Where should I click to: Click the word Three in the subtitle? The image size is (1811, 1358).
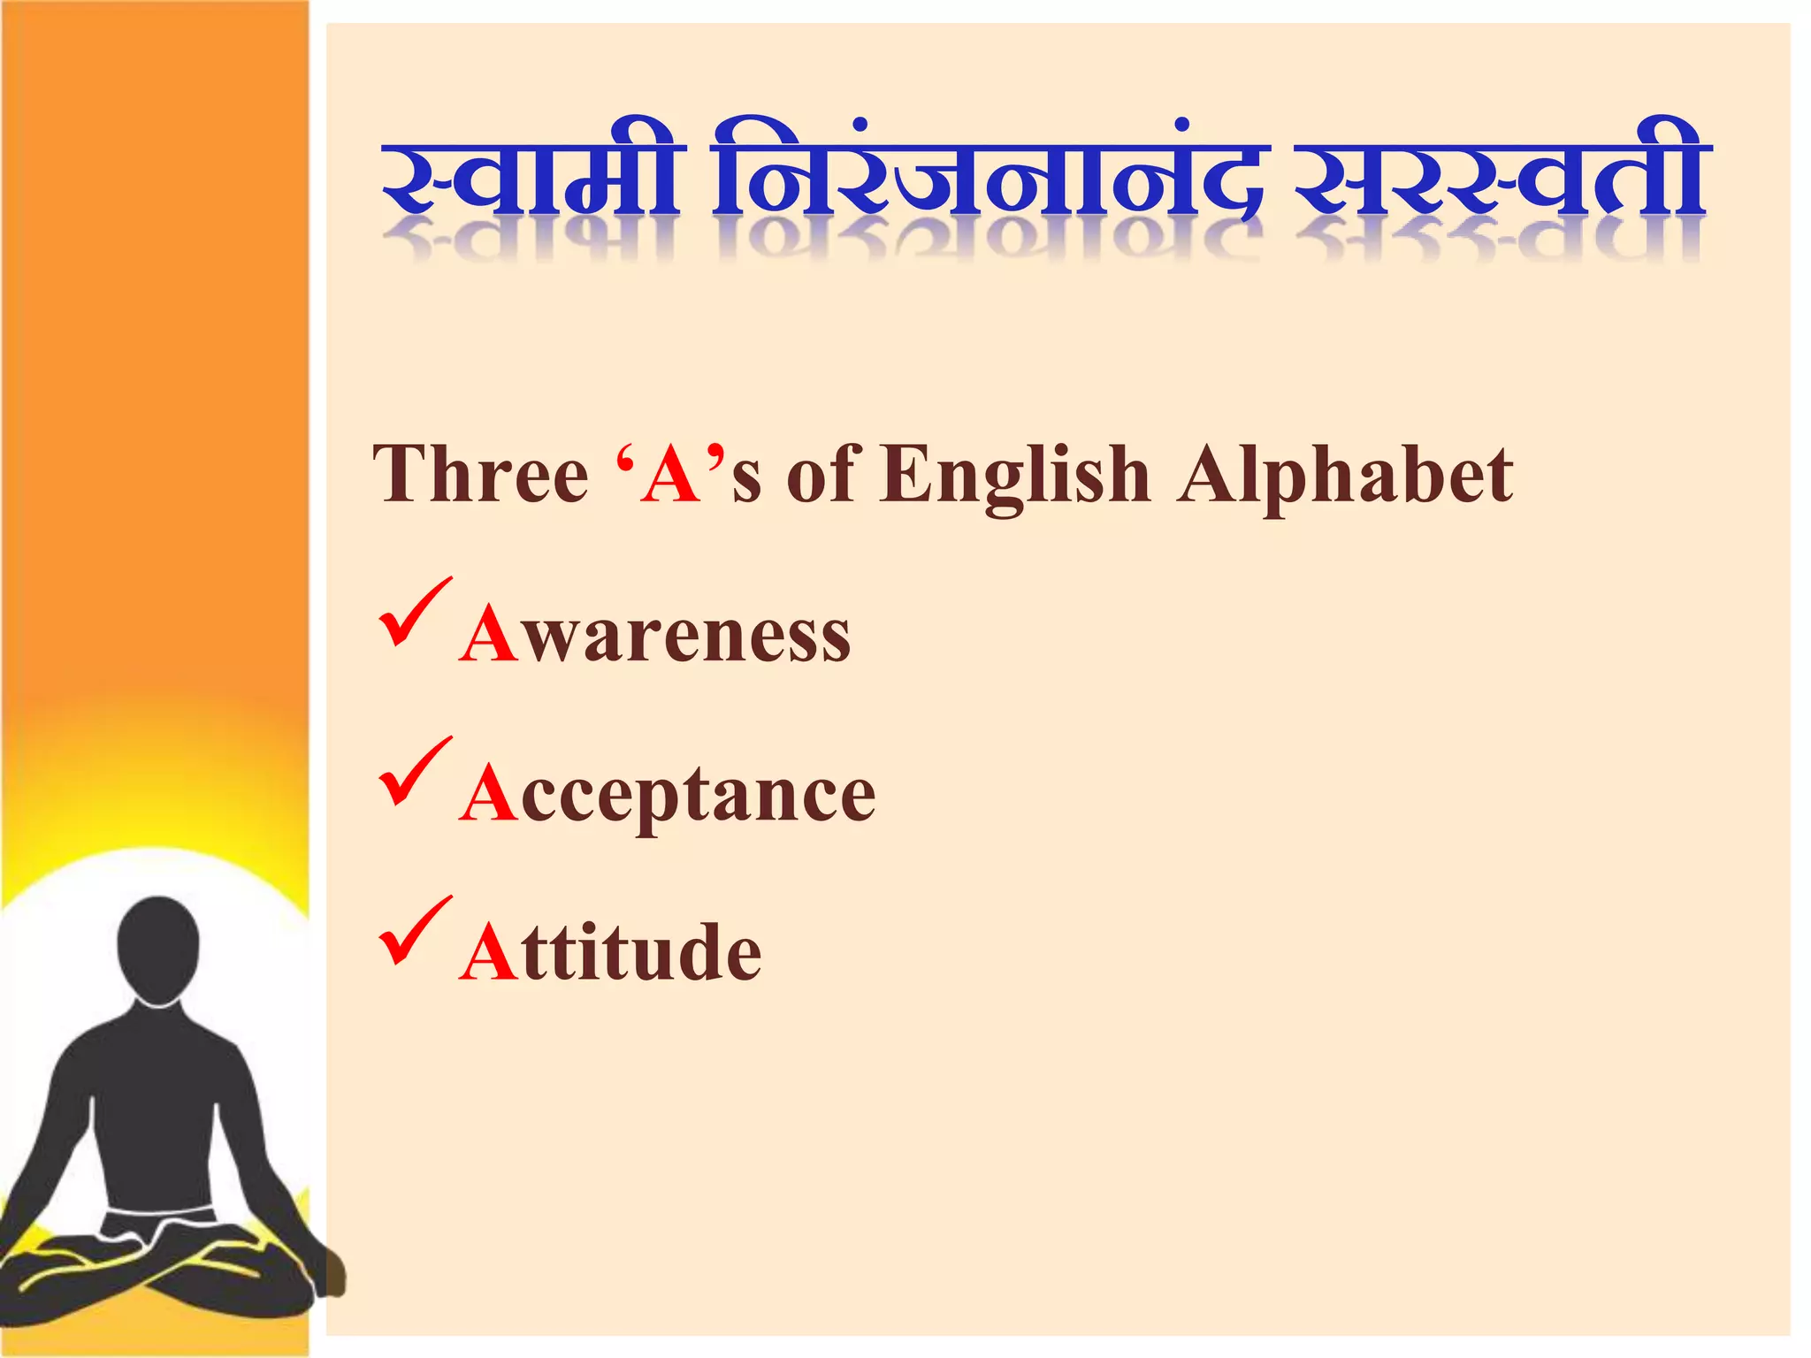pyautogui.click(x=482, y=476)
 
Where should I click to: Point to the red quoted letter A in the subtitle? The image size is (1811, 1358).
pyautogui.click(x=671, y=476)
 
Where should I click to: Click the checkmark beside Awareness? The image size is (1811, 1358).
pyautogui.click(x=414, y=614)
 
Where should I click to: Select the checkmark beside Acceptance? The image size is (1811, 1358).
pyautogui.click(x=414, y=773)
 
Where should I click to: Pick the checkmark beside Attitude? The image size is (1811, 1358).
pyautogui.click(x=414, y=932)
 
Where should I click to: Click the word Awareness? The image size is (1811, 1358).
pyautogui.click(x=655, y=635)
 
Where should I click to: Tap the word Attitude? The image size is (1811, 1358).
pyautogui.click(x=610, y=953)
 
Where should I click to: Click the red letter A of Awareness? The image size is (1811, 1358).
pyautogui.click(x=488, y=634)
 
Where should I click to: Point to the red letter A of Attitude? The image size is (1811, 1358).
pyautogui.click(x=488, y=952)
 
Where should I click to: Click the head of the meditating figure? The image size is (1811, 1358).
pyautogui.click(x=158, y=947)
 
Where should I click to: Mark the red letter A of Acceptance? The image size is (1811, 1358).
pyautogui.click(x=488, y=793)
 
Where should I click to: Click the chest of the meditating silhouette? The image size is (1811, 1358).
pyautogui.click(x=159, y=1087)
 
